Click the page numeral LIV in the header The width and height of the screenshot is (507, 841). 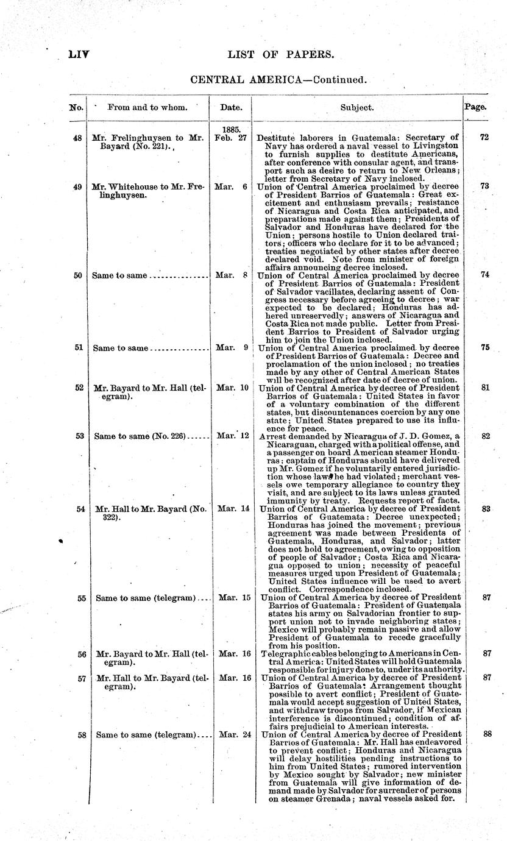click(79, 55)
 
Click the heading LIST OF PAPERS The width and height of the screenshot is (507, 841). click(281, 55)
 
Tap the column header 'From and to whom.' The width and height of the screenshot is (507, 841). click(147, 107)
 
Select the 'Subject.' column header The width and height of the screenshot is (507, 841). click(356, 107)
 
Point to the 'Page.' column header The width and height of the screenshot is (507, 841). click(475, 106)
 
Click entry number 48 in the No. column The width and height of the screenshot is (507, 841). click(77, 138)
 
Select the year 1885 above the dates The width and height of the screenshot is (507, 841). click(230, 130)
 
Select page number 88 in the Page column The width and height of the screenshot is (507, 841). click(487, 734)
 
